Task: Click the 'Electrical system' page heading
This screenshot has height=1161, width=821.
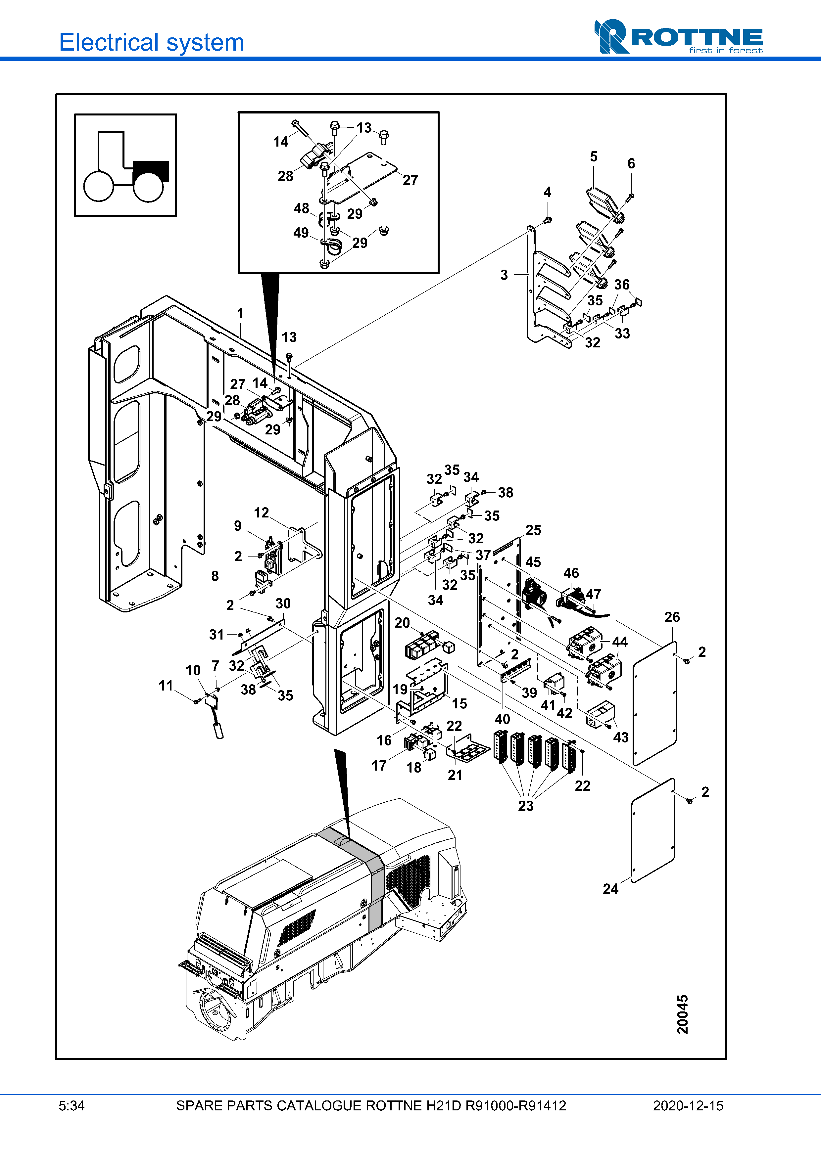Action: coord(152,42)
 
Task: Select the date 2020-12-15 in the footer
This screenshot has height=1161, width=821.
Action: coord(688,1106)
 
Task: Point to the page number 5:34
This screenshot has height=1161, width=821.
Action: coord(71,1106)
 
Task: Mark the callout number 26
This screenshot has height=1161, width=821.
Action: coord(672,617)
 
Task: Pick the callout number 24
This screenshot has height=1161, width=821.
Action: coord(610,889)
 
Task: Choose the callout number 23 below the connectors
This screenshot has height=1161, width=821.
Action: coord(526,806)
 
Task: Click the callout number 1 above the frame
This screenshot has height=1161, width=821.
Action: coord(240,314)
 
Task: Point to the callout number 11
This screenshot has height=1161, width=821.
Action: coord(166,686)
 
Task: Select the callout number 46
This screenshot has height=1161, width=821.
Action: coord(571,573)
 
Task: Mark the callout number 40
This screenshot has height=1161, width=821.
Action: coord(502,719)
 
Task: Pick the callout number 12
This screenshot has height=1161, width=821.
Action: coord(261,513)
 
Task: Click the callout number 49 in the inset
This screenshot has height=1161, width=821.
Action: coord(301,233)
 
